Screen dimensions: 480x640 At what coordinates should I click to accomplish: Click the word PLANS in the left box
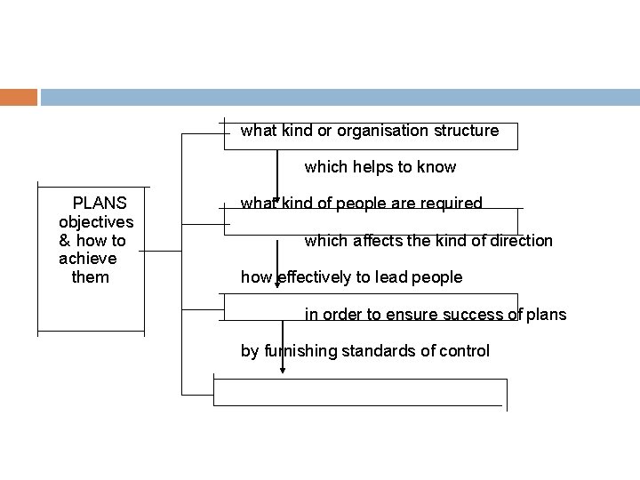coord(99,202)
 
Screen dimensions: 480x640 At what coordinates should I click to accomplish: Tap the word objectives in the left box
coord(95,221)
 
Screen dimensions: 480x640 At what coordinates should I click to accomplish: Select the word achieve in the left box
coord(87,259)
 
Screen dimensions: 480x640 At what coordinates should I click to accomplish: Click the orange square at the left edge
coord(19,97)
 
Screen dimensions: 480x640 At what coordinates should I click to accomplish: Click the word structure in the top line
coord(467,131)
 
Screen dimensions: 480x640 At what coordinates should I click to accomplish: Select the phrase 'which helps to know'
coord(380,166)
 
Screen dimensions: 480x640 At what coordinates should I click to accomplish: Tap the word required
coord(452,204)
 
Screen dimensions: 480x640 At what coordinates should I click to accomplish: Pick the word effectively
coord(314,277)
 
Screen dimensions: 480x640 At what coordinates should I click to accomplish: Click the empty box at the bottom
coord(360,391)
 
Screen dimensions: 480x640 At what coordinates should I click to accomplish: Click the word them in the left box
coord(90,277)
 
